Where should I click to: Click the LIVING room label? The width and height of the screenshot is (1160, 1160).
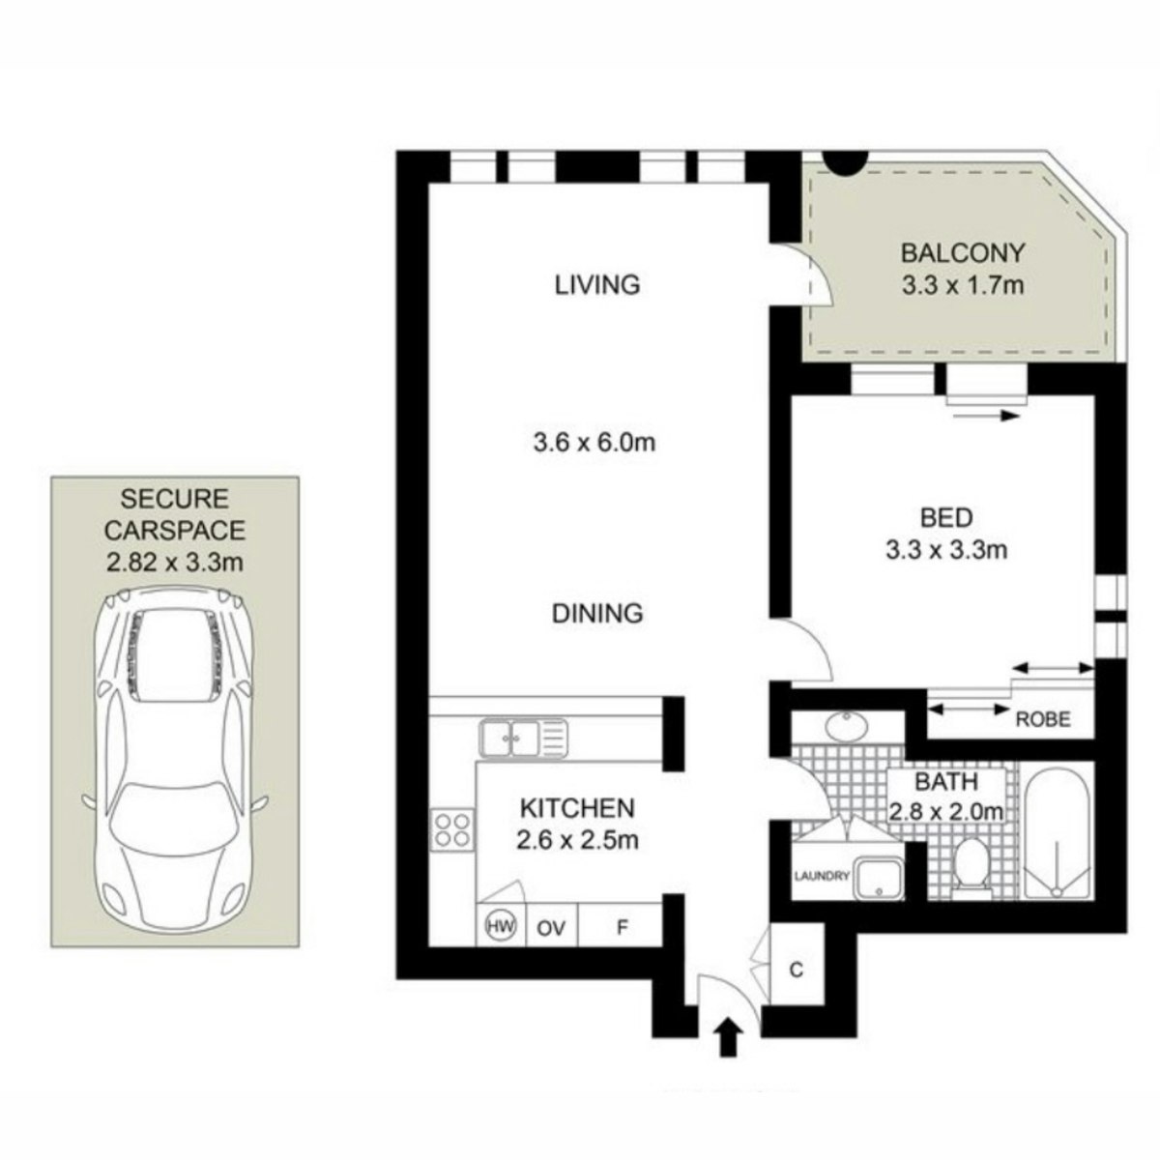click(597, 285)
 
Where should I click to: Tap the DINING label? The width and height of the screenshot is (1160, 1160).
click(597, 614)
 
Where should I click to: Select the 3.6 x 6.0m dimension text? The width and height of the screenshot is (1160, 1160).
click(594, 443)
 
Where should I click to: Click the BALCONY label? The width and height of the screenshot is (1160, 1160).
click(962, 253)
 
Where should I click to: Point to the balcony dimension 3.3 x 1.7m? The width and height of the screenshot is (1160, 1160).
click(962, 285)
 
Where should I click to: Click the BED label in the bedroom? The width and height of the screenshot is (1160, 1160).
click(946, 518)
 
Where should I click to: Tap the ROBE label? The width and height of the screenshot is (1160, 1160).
click(1043, 719)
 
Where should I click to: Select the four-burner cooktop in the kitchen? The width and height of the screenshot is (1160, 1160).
click(452, 830)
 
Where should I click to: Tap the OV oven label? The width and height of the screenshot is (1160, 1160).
click(551, 929)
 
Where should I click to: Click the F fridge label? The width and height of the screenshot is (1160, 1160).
click(622, 928)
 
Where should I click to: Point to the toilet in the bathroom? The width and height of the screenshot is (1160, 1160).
click(971, 865)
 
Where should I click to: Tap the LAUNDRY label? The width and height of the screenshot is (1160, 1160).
click(822, 876)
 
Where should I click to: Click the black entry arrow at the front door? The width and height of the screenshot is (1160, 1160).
click(728, 1036)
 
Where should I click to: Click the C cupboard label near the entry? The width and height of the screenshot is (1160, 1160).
click(797, 970)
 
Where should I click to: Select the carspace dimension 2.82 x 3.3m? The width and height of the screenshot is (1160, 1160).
click(175, 563)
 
